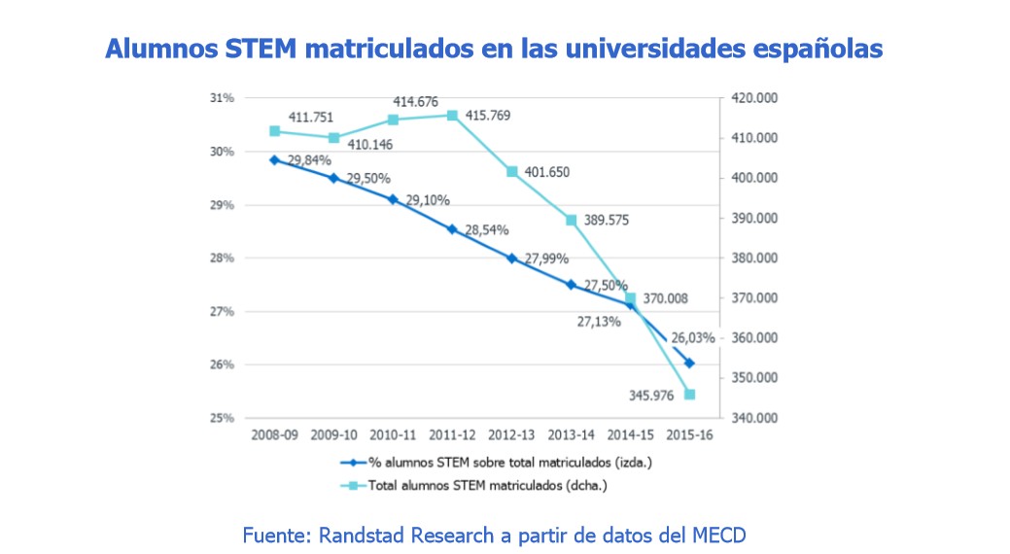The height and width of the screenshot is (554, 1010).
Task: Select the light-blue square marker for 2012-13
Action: [x=512, y=172]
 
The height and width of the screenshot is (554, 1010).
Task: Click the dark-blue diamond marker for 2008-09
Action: [x=274, y=160]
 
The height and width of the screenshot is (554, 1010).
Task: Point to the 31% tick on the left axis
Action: [x=224, y=98]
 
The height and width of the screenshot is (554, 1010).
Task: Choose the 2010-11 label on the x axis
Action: [x=393, y=436]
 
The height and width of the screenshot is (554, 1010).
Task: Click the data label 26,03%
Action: [x=694, y=338]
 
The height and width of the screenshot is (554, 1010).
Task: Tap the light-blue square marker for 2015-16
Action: [x=690, y=394]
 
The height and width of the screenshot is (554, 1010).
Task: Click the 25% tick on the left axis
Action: [x=224, y=418]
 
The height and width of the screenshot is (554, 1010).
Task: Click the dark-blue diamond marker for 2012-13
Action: [x=512, y=259]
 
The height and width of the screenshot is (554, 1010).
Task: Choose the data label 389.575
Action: [x=607, y=220]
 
